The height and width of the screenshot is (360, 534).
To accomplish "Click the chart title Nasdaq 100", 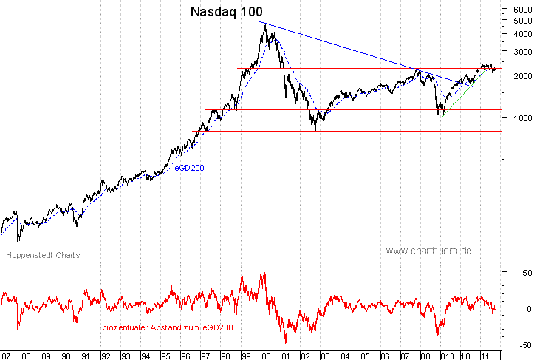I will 226,12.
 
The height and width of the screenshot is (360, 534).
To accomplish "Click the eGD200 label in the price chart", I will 189,169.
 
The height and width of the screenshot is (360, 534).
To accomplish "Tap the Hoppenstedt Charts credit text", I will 44,255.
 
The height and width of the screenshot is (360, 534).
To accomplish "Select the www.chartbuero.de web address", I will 428,251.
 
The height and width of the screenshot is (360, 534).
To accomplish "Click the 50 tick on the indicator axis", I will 520,273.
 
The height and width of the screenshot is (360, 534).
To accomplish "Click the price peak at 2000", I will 264,23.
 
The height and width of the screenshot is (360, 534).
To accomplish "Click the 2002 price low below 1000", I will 316,129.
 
